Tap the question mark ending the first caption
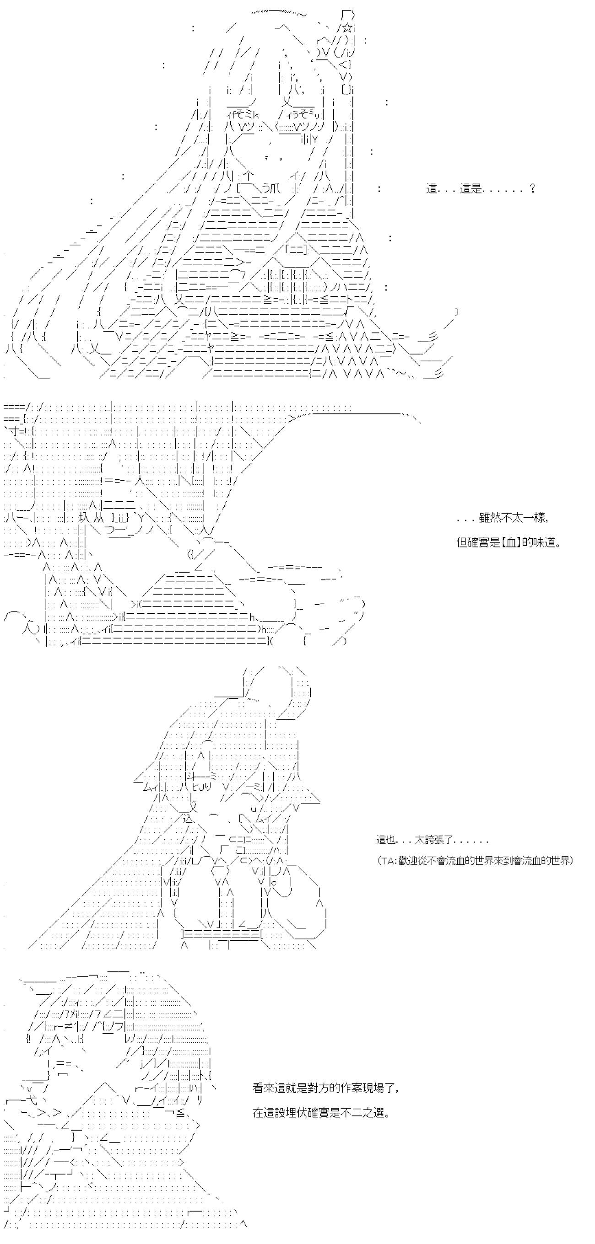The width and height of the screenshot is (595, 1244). click(532, 189)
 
